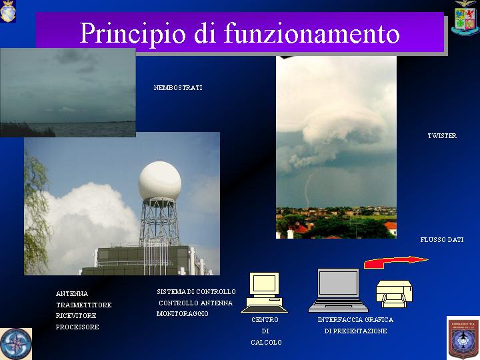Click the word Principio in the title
[133, 34]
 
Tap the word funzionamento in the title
[311, 33]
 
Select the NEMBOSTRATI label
[178, 88]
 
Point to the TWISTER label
[442, 135]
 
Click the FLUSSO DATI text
[442, 240]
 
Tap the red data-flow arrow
[395, 262]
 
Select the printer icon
[394, 293]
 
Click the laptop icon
[338, 290]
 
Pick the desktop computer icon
[264, 293]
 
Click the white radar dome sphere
[160, 181]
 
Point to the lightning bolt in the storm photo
[308, 191]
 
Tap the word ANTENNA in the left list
[72, 293]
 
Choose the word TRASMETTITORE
[84, 305]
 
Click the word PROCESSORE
[77, 327]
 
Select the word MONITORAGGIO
[183, 314]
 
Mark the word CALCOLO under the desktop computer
[266, 342]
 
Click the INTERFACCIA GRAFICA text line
[355, 319]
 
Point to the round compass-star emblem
[16, 344]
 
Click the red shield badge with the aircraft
[463, 338]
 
